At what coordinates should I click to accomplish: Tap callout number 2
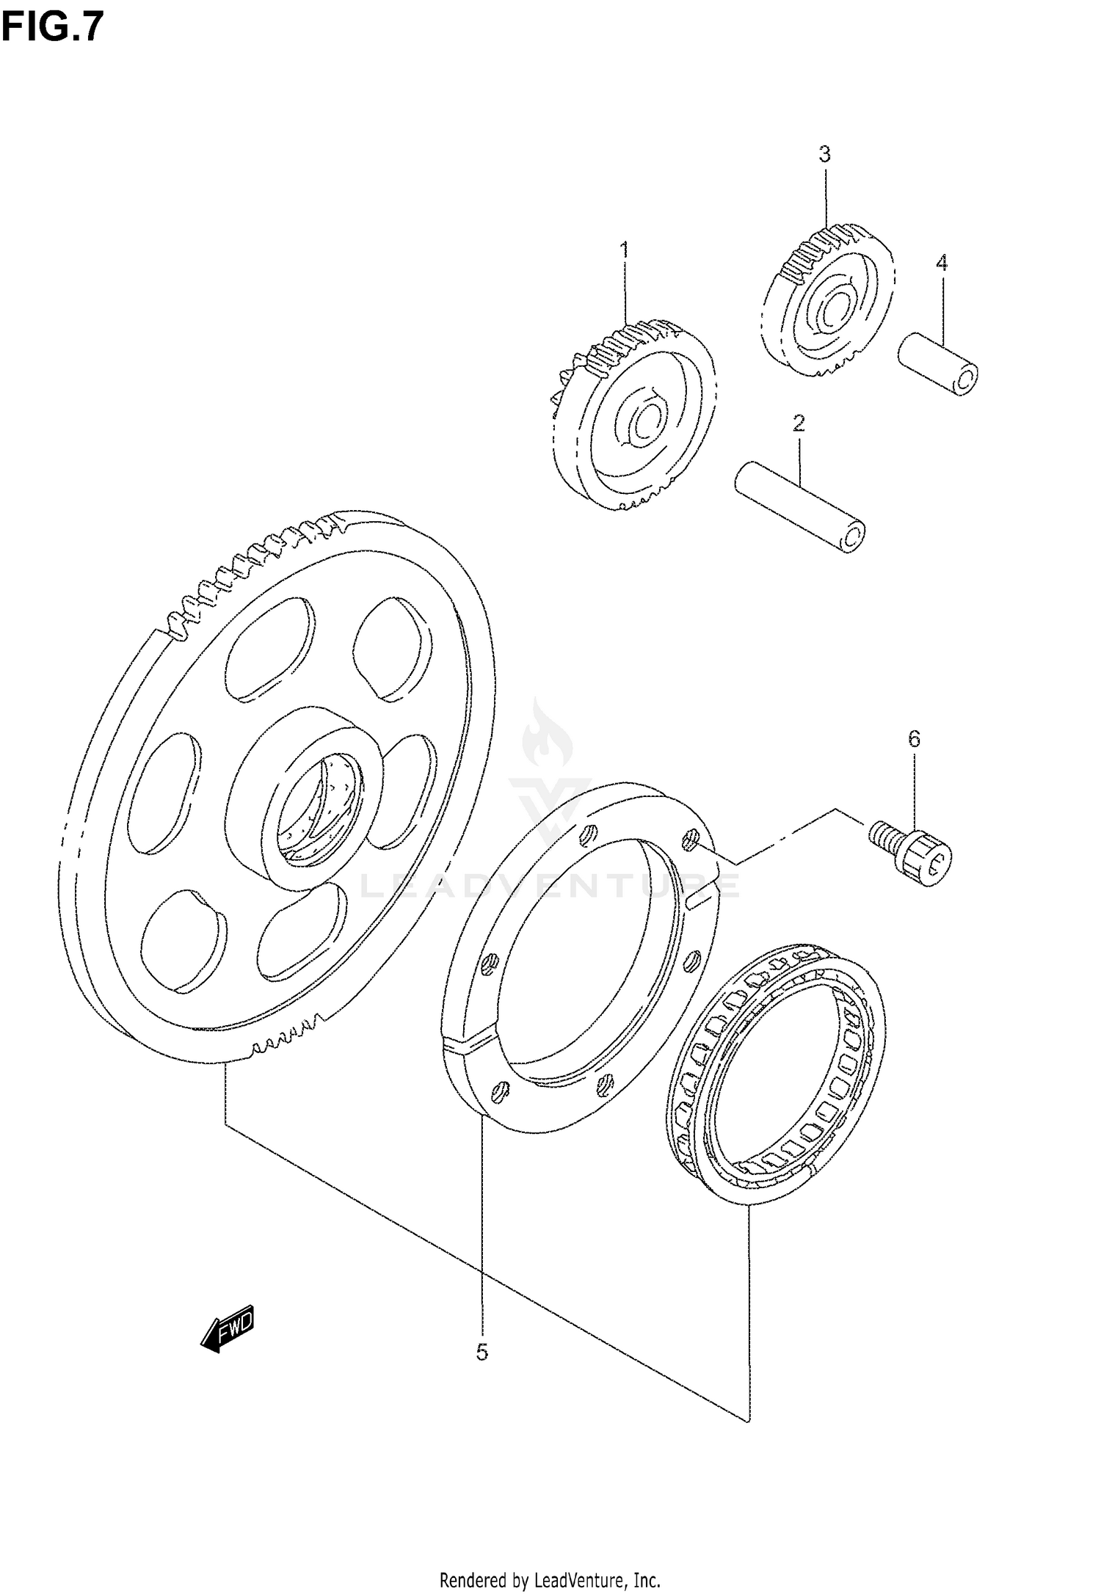click(799, 423)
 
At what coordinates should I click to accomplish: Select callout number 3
click(824, 154)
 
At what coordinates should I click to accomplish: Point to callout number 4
click(942, 263)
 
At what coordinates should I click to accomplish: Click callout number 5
click(482, 1352)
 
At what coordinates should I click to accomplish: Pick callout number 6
click(914, 739)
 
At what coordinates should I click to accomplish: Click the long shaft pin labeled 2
click(800, 506)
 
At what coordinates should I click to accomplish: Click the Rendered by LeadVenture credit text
click(550, 1576)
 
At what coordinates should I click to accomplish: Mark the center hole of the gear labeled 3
click(833, 313)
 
